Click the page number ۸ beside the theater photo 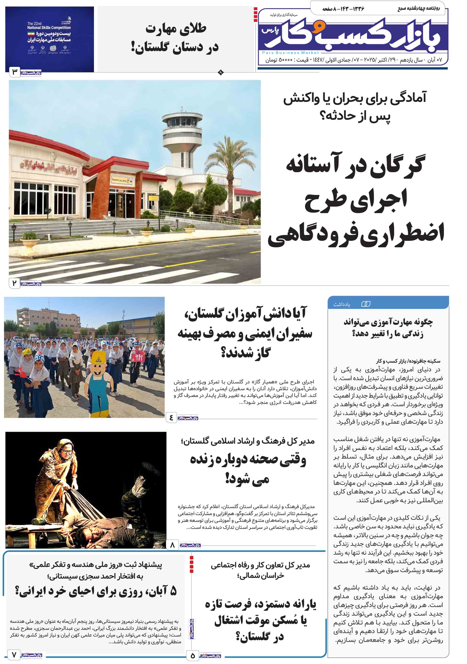pos(173,545)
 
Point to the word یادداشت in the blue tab pos(341,304)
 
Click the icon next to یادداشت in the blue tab pos(366,304)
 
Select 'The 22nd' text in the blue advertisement pos(34,23)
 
